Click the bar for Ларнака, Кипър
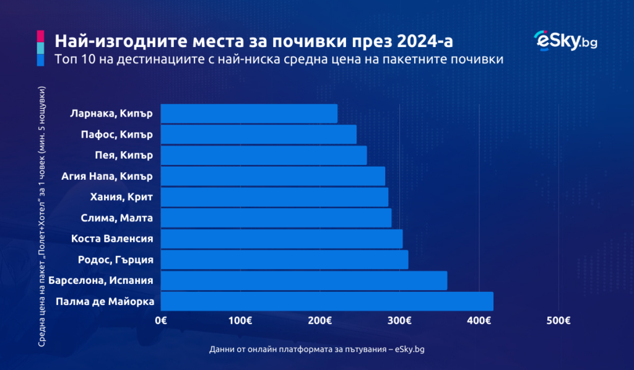click(x=249, y=113)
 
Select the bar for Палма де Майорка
click(x=327, y=301)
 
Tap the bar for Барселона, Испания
click(x=303, y=280)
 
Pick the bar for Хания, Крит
click(x=274, y=197)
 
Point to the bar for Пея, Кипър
click(x=264, y=155)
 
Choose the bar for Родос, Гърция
click(x=284, y=260)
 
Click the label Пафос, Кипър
click(x=117, y=134)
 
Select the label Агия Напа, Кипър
click(x=107, y=176)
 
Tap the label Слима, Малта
click(x=117, y=218)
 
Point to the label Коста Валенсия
click(x=112, y=239)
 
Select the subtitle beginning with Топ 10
click(x=279, y=59)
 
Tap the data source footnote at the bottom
click(x=317, y=350)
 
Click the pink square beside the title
click(x=40, y=35)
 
